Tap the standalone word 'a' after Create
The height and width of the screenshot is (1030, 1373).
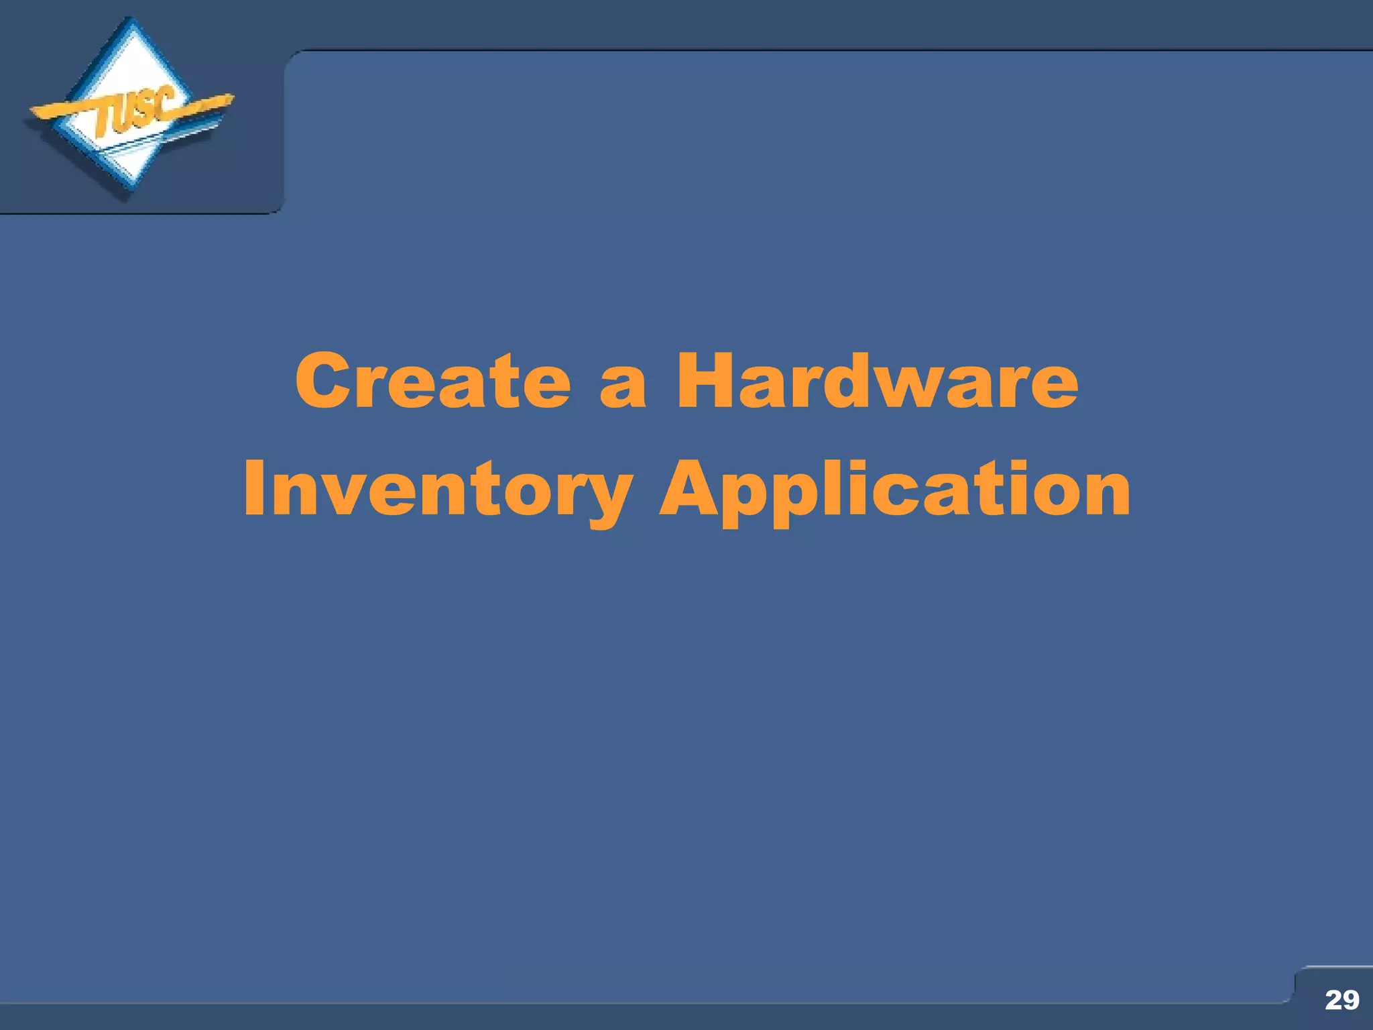623,388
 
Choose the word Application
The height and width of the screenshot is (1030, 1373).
894,490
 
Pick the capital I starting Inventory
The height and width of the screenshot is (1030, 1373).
253,488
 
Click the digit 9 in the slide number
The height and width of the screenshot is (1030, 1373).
1350,1000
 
